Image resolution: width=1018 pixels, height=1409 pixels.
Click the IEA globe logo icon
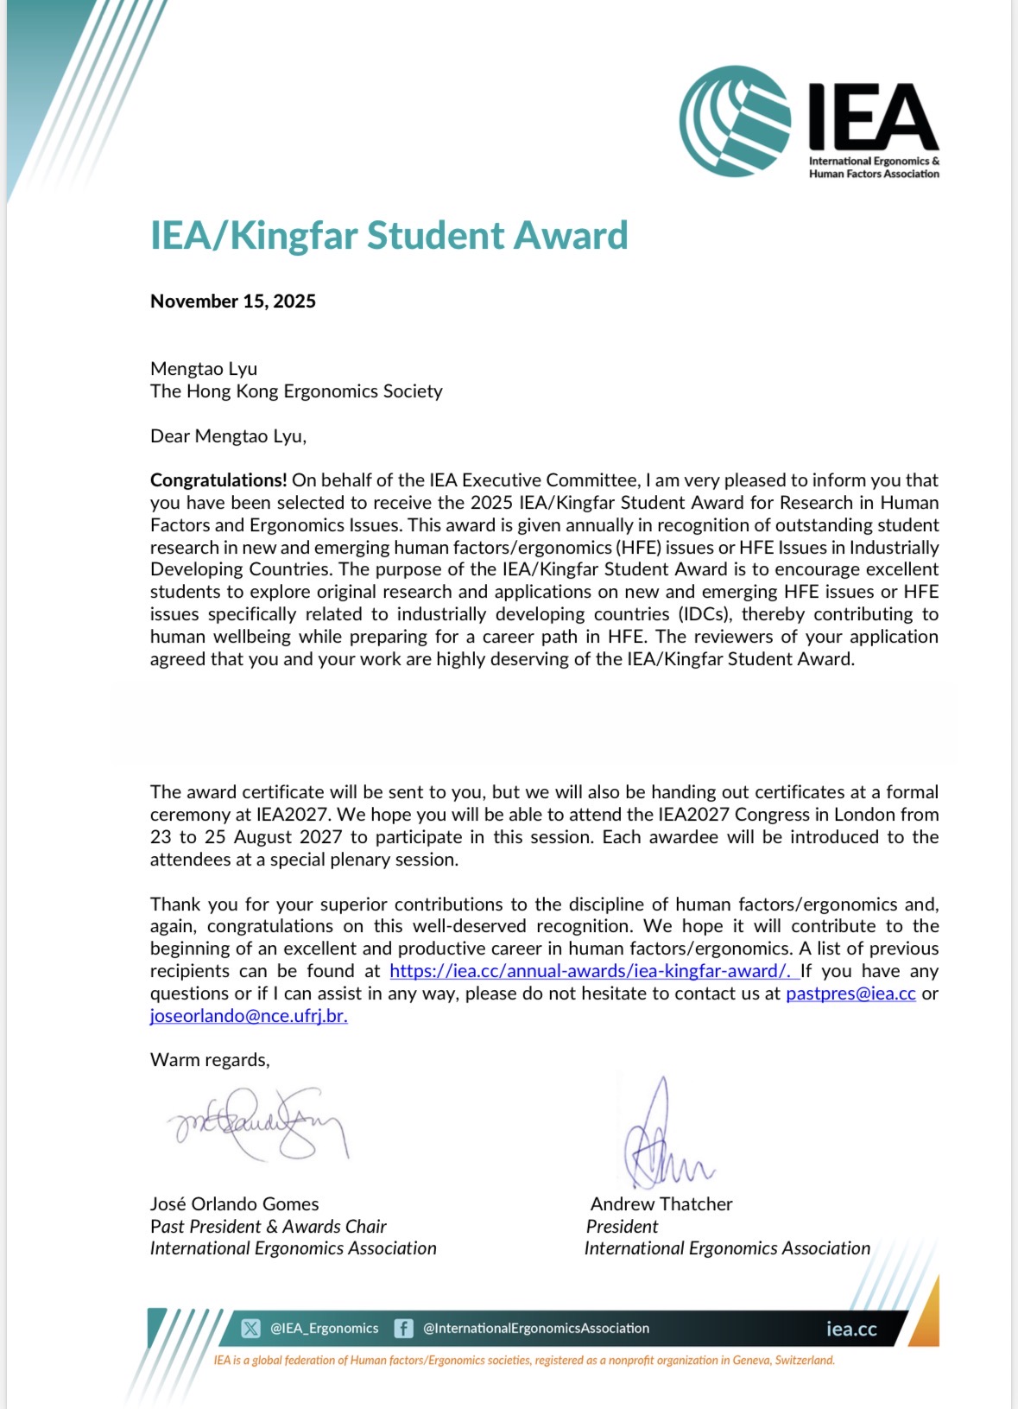coord(735,121)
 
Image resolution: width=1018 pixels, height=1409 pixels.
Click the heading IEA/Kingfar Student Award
coord(389,236)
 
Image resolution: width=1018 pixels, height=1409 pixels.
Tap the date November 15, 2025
coord(233,301)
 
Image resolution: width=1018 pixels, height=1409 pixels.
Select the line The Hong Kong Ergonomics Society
coord(296,391)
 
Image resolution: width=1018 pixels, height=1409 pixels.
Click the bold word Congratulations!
coord(218,480)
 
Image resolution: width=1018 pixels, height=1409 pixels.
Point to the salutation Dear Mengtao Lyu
coord(228,436)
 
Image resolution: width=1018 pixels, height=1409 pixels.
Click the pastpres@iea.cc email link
coord(850,993)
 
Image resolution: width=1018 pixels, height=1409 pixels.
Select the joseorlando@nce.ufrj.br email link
coord(249,1016)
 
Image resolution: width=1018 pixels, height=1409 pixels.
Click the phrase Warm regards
coord(210,1060)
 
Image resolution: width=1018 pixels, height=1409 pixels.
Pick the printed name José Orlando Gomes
coord(235,1204)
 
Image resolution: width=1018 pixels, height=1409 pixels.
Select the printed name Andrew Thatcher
coord(661,1204)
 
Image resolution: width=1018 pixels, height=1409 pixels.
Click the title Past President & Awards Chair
coord(269,1227)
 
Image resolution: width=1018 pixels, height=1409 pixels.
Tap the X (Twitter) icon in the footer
coord(250,1329)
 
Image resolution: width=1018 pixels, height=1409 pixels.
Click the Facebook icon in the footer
coord(403,1329)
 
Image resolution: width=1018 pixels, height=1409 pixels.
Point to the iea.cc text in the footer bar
coord(850,1330)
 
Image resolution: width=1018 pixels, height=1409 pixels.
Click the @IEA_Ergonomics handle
coord(324,1329)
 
